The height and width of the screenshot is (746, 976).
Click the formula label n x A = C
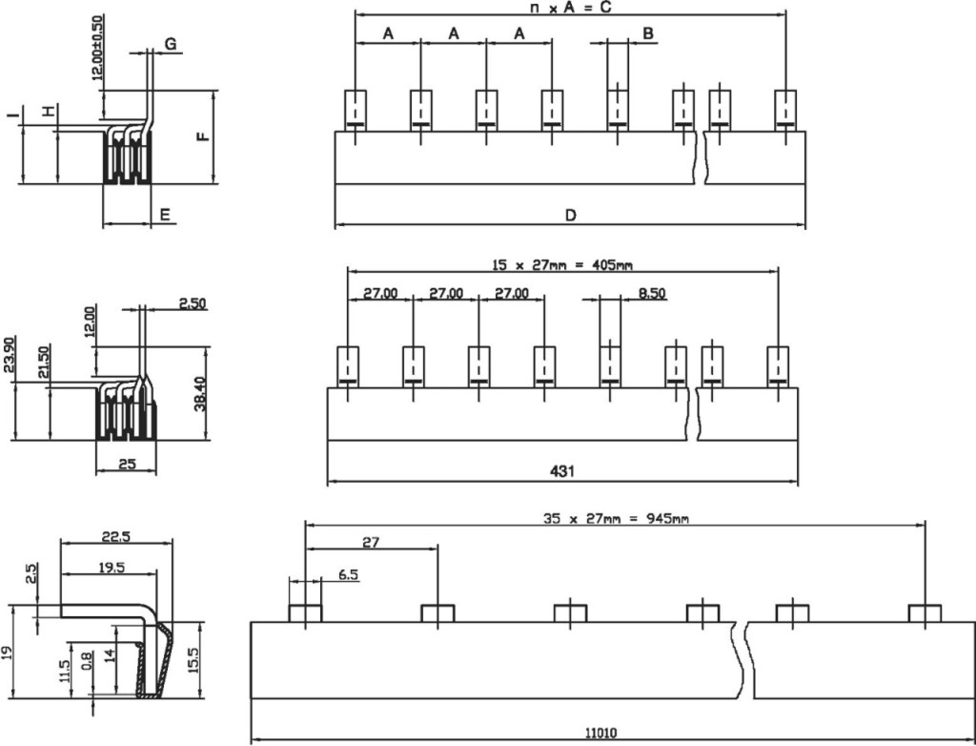tap(569, 8)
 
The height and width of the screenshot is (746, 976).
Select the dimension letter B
tap(647, 33)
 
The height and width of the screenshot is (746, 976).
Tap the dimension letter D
tap(570, 216)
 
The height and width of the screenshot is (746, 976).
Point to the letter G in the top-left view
tap(170, 43)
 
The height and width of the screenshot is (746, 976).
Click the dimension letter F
tap(202, 136)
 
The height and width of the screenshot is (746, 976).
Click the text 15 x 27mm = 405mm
tap(562, 264)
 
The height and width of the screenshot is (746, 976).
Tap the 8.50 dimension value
tap(652, 293)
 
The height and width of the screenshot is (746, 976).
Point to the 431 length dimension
tap(562, 470)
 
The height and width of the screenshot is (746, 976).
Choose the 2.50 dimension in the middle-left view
tap(193, 303)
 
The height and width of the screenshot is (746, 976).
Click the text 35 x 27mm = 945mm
tap(615, 519)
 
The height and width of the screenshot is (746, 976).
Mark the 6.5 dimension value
tap(348, 575)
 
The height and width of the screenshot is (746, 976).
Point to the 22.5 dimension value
tap(116, 537)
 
